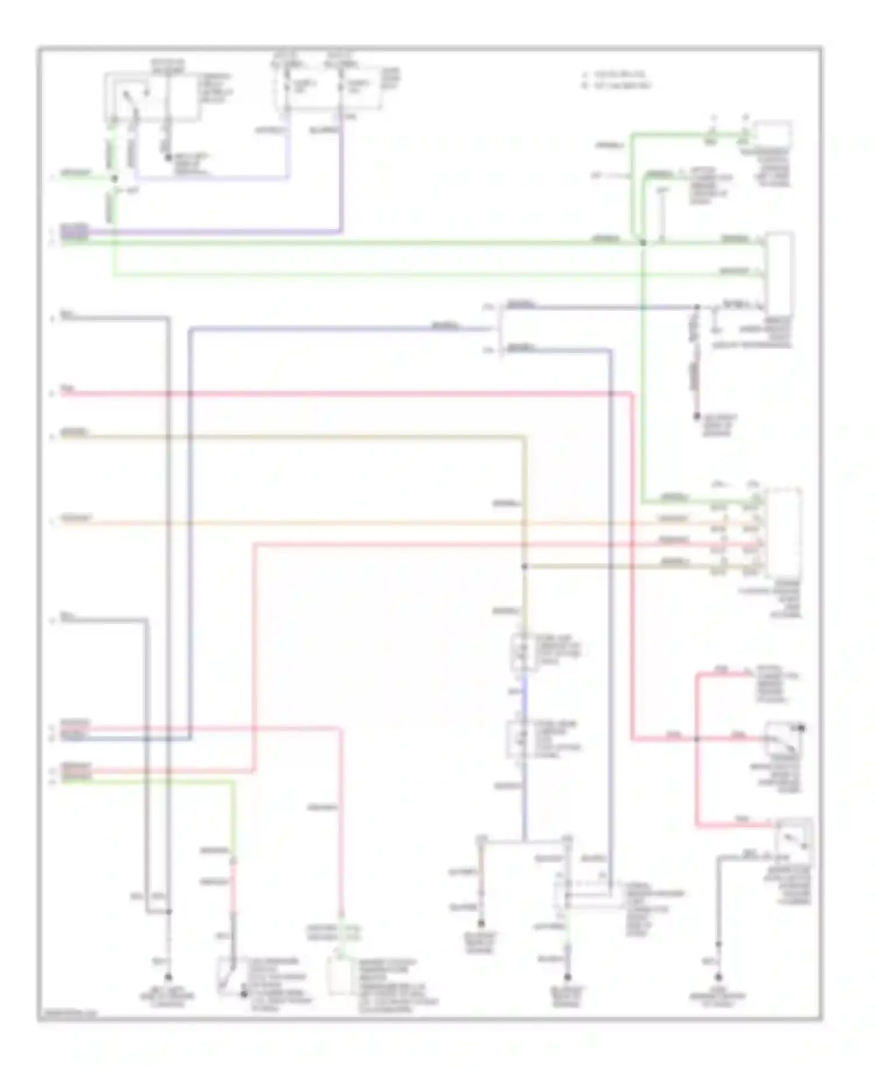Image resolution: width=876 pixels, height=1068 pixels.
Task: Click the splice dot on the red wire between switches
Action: click(696, 738)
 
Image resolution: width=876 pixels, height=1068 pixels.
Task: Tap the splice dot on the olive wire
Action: click(524, 566)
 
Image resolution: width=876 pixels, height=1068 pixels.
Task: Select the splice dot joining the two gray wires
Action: click(169, 911)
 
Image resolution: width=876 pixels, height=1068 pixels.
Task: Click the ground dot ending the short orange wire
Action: click(481, 924)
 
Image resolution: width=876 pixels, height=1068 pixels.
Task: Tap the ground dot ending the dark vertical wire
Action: click(696, 417)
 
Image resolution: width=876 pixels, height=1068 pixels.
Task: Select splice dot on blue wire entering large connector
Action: click(696, 307)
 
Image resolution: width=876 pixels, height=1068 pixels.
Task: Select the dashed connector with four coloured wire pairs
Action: click(783, 532)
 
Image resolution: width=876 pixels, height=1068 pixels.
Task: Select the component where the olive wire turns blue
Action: click(519, 651)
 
